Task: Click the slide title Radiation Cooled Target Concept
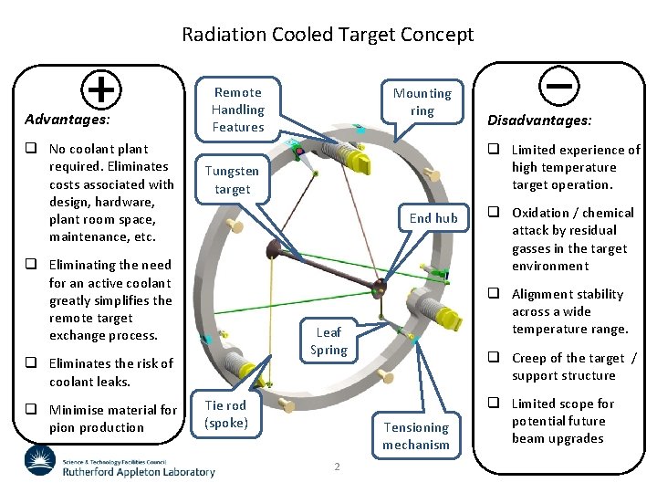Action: click(328, 35)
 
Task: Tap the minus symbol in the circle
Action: click(556, 86)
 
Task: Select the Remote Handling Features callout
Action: click(237, 110)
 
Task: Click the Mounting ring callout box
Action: click(422, 101)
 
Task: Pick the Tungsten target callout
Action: click(232, 180)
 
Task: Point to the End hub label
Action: click(433, 217)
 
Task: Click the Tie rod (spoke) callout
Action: click(224, 414)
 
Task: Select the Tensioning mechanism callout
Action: click(416, 435)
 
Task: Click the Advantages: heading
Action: click(68, 119)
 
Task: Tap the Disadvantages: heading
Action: click(539, 120)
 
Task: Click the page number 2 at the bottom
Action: click(337, 467)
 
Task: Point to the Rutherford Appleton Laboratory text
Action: click(139, 471)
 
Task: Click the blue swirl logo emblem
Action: click(40, 460)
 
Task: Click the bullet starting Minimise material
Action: click(111, 418)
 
